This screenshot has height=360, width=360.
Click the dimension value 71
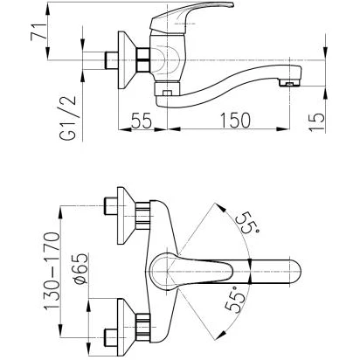click(x=38, y=32)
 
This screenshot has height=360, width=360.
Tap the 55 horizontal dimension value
click(x=142, y=121)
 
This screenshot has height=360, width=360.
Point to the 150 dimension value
click(x=234, y=121)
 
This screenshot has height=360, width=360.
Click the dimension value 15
click(x=316, y=121)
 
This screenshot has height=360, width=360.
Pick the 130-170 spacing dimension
click(x=52, y=271)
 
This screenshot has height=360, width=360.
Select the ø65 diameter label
click(x=80, y=268)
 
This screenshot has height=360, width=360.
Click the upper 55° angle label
click(x=246, y=223)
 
